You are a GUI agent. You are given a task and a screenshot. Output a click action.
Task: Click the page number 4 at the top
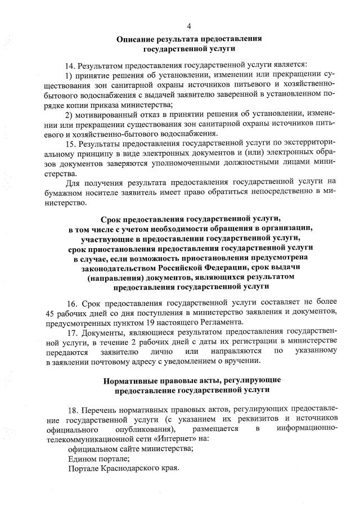(x=189, y=26)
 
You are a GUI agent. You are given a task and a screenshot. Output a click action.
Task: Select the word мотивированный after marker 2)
(x=106, y=114)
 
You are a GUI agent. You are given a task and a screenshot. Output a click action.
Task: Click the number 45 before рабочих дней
(x=51, y=313)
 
